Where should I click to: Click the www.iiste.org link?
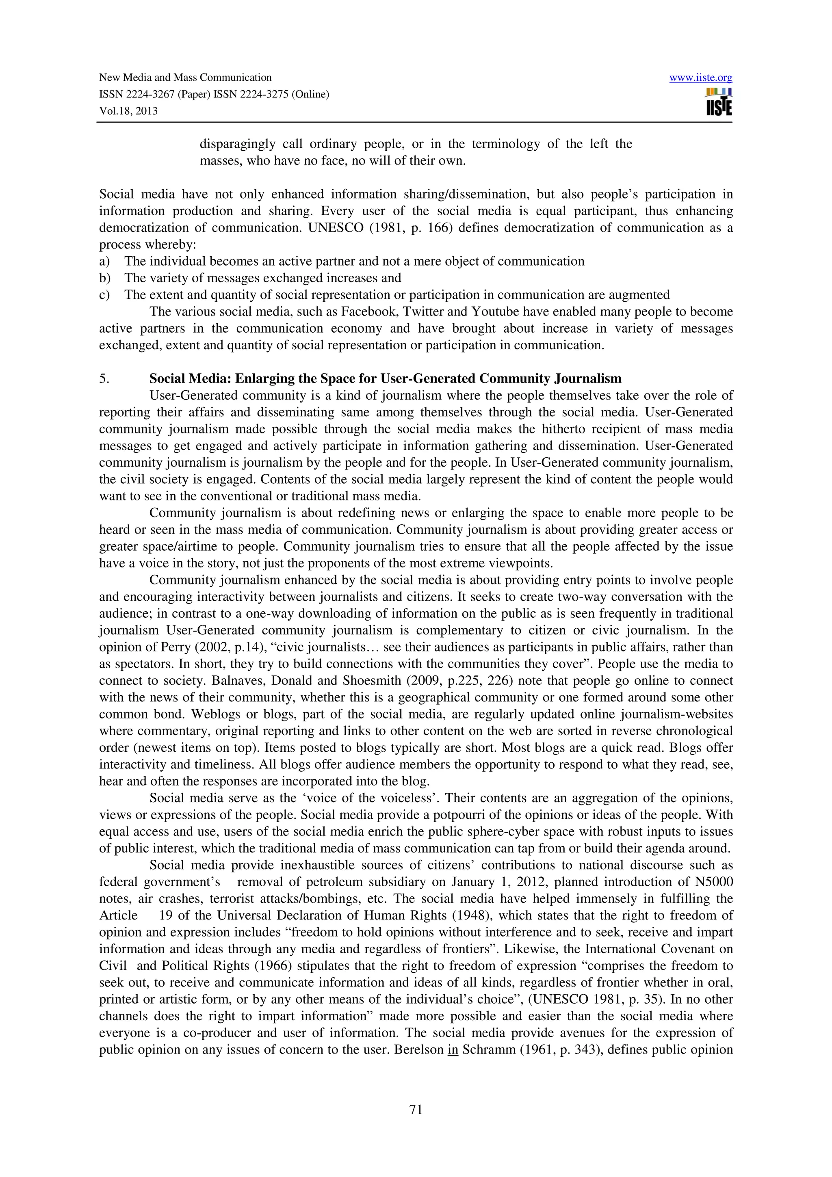point(700,78)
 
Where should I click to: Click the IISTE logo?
point(719,102)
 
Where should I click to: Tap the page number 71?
point(416,1110)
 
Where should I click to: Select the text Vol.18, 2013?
point(128,111)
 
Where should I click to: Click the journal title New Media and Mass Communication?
point(185,78)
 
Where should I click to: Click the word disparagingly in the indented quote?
point(237,144)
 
